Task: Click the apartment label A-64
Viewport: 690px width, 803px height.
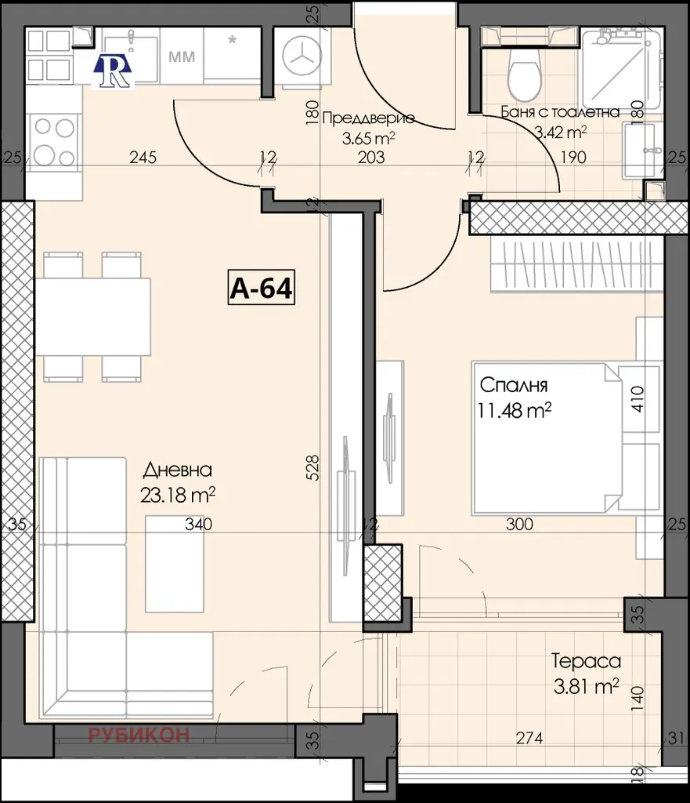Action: tap(261, 289)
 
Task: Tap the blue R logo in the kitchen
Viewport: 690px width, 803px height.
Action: tap(113, 71)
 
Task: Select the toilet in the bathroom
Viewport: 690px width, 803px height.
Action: tap(524, 74)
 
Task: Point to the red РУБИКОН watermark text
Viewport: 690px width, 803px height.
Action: tap(139, 735)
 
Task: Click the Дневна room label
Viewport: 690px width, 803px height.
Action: tap(178, 470)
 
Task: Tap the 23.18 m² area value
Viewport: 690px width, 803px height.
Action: tap(178, 495)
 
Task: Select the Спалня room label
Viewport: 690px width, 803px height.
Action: tap(514, 385)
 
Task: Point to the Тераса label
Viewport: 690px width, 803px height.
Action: tap(586, 661)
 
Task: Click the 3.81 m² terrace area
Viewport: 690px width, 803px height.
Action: tap(586, 685)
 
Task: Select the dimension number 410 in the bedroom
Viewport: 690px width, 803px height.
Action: tap(638, 399)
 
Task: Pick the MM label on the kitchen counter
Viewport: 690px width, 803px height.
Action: tap(182, 56)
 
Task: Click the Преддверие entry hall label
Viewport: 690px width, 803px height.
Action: tap(368, 119)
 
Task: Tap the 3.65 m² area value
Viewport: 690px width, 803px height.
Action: tap(368, 138)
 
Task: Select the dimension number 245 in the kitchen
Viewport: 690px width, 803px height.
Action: tap(143, 157)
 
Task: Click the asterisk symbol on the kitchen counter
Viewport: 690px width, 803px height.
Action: tap(233, 40)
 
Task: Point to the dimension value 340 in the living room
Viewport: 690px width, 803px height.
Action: tap(198, 524)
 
